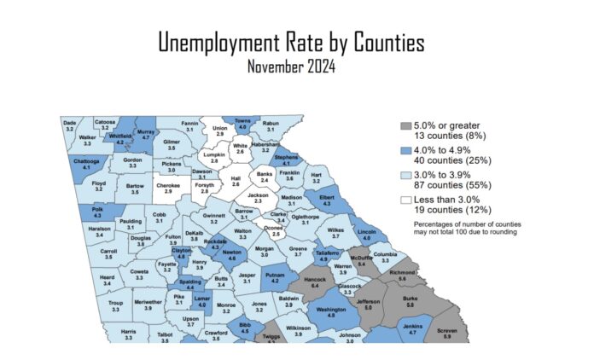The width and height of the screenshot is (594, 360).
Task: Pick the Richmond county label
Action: [402, 276]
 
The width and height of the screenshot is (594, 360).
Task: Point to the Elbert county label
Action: [327, 201]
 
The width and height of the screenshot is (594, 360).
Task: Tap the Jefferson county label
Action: [369, 305]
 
